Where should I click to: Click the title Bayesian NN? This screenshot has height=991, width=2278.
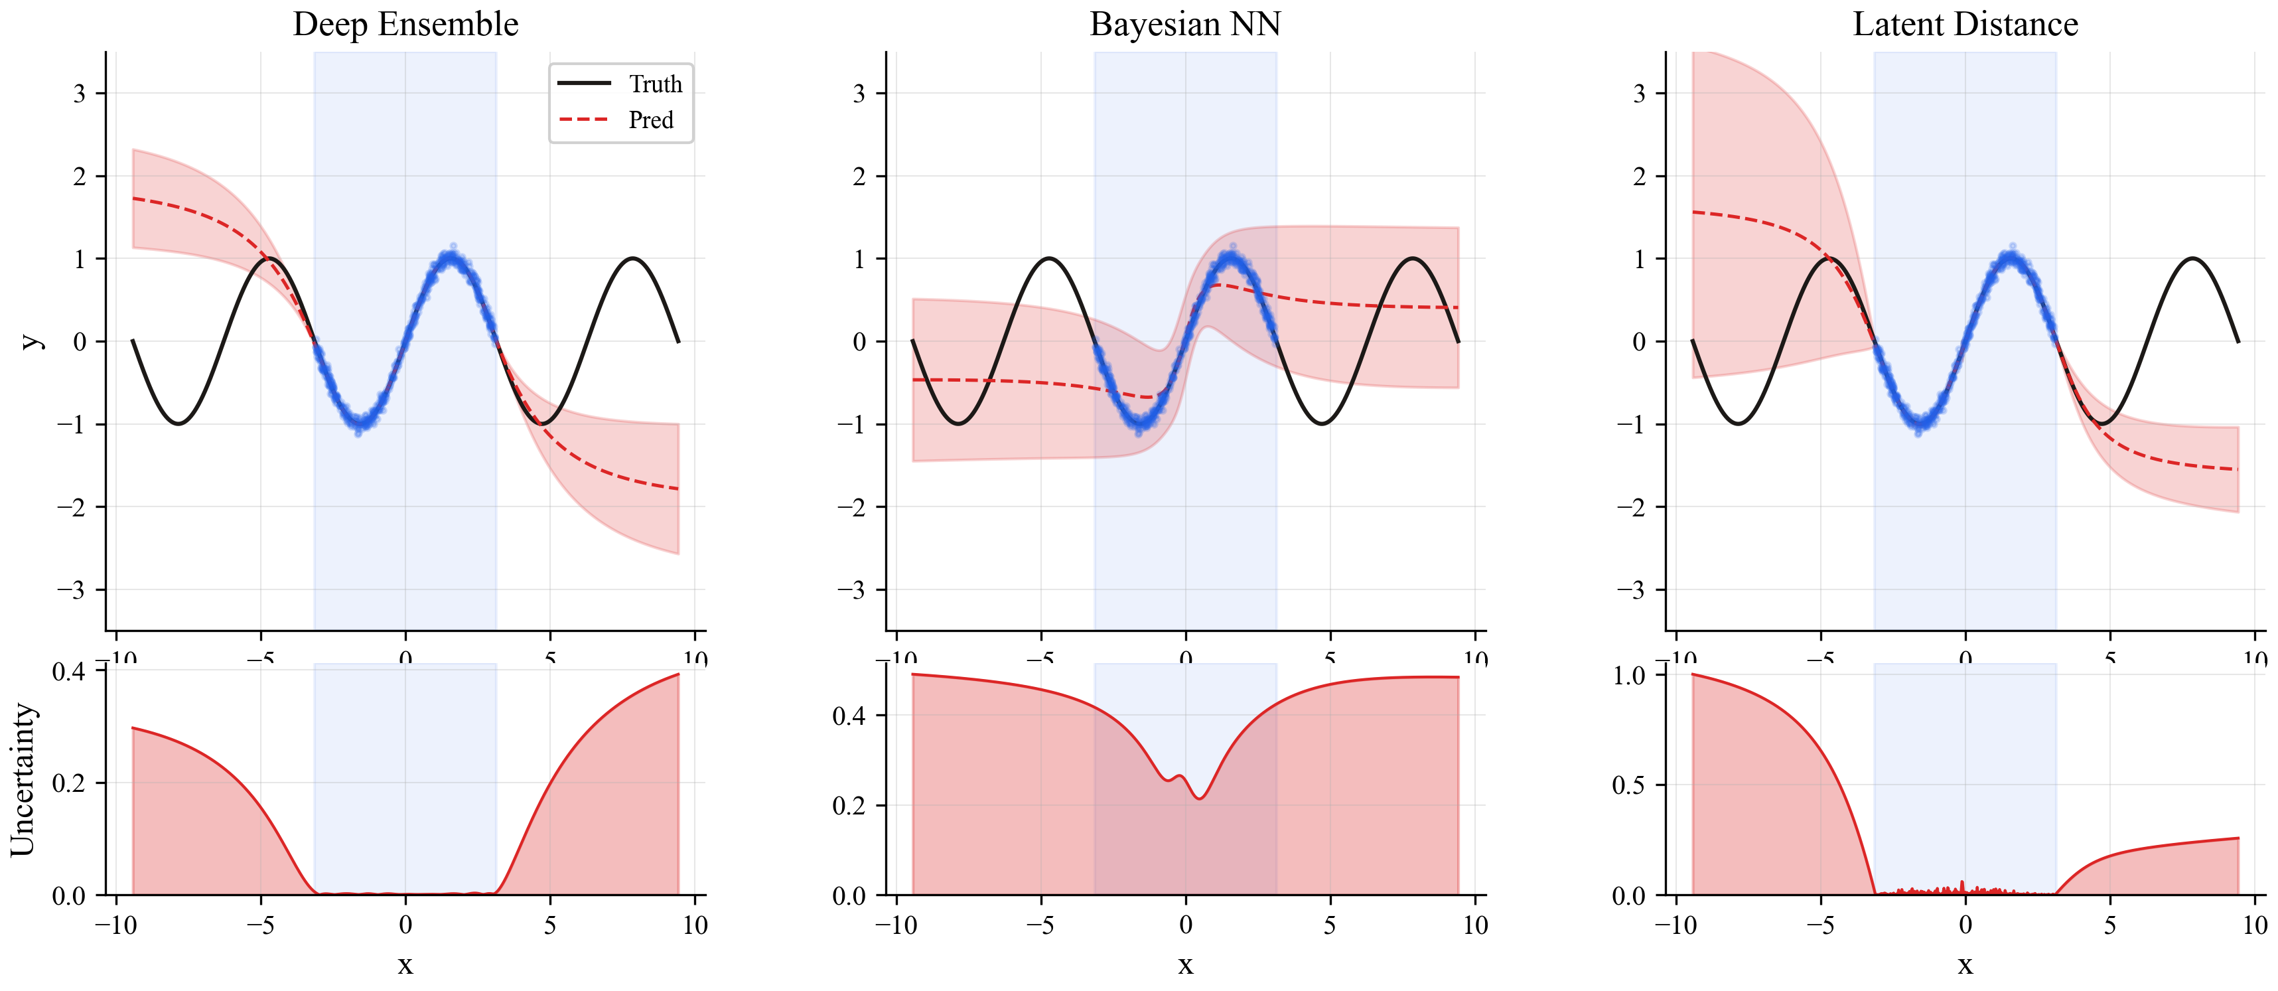1185,24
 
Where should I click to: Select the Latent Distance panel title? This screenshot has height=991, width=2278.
1965,24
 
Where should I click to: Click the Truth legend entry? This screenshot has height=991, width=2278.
656,84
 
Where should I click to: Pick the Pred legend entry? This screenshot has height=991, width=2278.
651,119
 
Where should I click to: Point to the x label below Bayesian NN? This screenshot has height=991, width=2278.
1185,964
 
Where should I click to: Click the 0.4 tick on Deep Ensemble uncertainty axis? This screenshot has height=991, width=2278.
68,672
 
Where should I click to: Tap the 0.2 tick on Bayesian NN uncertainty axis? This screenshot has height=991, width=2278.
848,805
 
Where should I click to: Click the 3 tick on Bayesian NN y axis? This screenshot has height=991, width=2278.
859,93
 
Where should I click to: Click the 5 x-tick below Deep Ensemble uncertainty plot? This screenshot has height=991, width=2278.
550,925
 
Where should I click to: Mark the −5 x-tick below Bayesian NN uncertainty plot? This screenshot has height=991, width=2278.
1040,925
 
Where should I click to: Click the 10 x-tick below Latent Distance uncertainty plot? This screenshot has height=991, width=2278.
2255,925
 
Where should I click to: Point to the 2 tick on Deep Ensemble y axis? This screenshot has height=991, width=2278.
79,176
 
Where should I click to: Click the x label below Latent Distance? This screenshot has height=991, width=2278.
1965,964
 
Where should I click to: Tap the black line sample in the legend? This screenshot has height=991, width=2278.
584,83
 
